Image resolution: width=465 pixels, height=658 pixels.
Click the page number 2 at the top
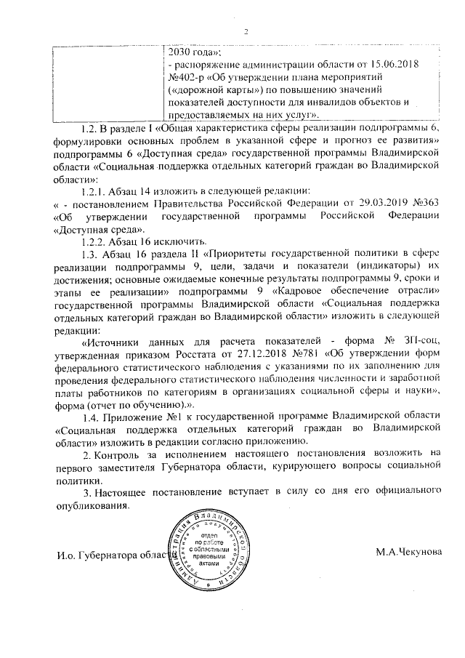(x=246, y=31)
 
